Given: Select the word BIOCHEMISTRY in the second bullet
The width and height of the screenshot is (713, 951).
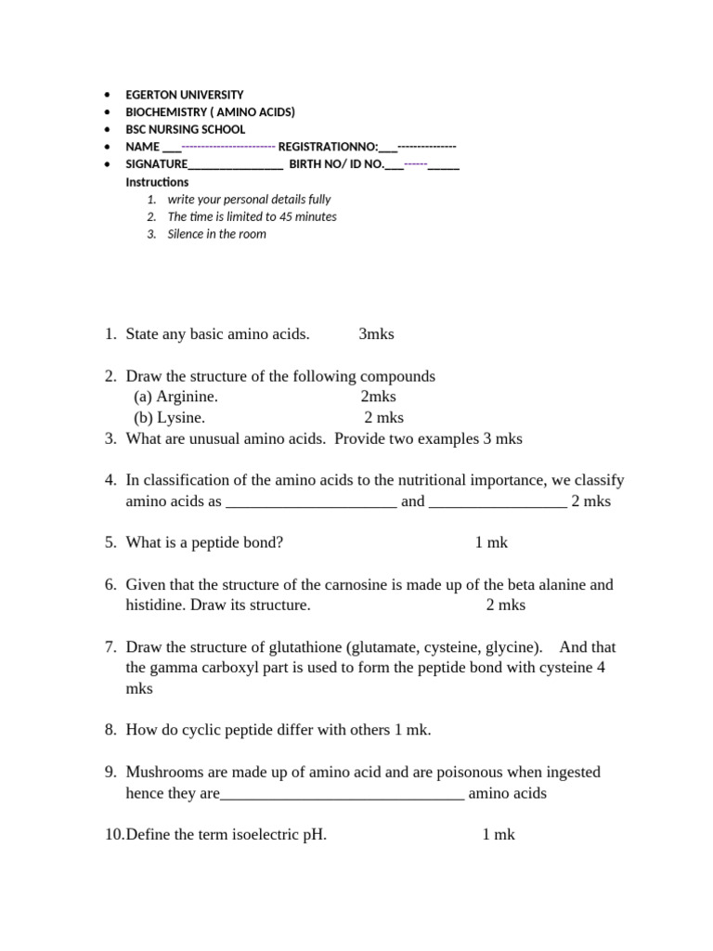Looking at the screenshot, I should click(163, 112).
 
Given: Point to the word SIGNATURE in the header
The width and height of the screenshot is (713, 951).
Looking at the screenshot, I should click(156, 165).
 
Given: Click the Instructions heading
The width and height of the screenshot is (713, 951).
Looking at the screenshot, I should click(157, 183).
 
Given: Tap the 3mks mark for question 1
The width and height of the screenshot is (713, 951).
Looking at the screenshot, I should click(377, 334).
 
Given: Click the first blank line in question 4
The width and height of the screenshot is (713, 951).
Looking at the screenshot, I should click(311, 502).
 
